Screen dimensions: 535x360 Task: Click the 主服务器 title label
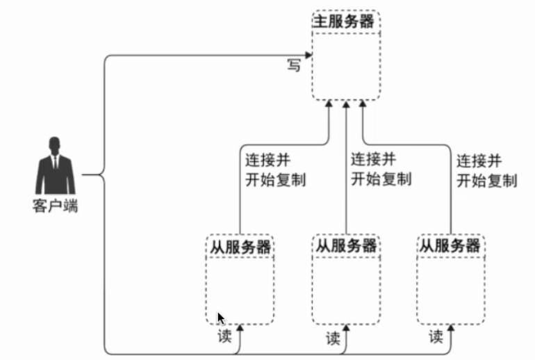[x=344, y=21]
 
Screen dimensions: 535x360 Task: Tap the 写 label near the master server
[x=294, y=65]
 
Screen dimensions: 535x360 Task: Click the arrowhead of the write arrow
[x=308, y=55]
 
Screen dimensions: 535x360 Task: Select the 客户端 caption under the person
[x=56, y=206]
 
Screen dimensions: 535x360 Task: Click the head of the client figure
[x=55, y=145]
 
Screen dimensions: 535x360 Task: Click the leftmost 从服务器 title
[x=240, y=247]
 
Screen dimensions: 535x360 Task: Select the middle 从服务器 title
[x=346, y=246]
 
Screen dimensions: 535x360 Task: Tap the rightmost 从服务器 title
[x=450, y=246]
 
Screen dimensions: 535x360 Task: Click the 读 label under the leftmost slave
[x=224, y=336]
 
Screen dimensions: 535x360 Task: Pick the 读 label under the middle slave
[x=333, y=338]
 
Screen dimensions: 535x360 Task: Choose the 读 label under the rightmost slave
[x=436, y=337]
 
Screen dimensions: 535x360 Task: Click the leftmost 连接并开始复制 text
[x=275, y=170]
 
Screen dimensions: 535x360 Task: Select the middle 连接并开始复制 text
[x=381, y=170]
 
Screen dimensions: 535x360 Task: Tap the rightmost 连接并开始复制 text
[x=487, y=171]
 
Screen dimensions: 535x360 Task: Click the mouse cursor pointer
[x=221, y=318]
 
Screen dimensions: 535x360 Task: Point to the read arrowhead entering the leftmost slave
[x=240, y=328]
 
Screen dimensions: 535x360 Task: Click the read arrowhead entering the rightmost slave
[x=451, y=328]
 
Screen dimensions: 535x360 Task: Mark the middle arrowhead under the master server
[x=346, y=104]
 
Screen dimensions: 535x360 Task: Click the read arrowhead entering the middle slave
[x=346, y=328]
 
